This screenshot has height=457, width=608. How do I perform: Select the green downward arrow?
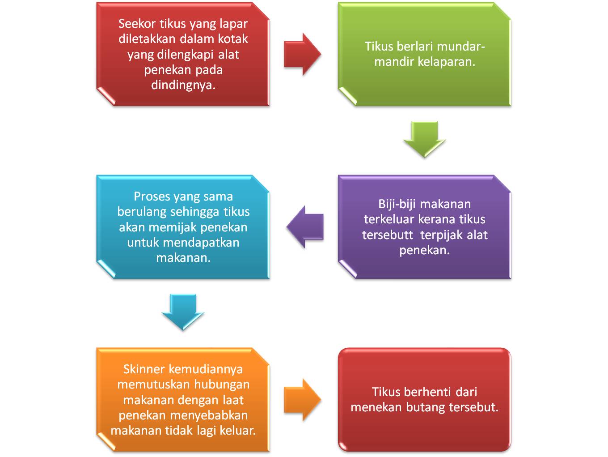(x=424, y=139)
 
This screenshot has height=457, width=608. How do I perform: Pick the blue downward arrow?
(x=183, y=312)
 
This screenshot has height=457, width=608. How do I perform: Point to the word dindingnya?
(x=183, y=85)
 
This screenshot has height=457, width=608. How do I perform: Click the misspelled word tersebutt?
(x=388, y=235)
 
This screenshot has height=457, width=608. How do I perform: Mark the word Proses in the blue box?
(x=152, y=196)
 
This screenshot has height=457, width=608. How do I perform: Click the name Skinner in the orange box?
(x=144, y=369)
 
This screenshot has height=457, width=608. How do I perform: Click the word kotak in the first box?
(x=232, y=39)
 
